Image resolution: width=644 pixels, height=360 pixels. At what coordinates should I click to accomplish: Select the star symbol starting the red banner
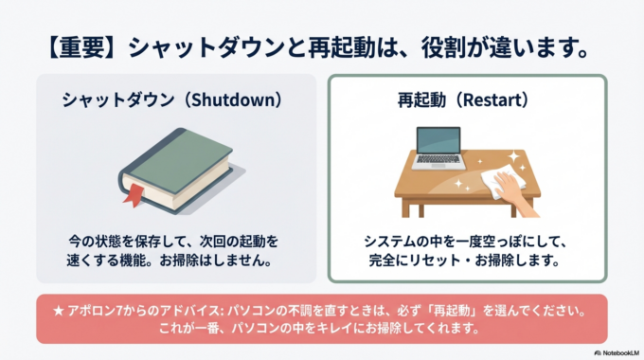pos(47,310)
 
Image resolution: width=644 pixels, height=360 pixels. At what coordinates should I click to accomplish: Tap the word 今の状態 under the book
pos(98,240)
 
